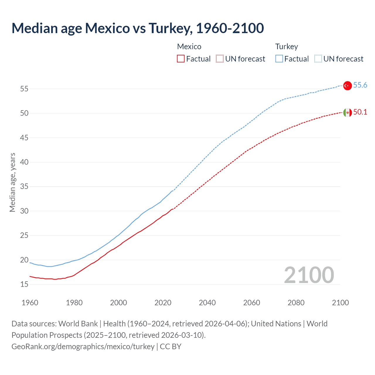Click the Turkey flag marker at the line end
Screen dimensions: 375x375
(x=347, y=86)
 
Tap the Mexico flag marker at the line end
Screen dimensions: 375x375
(x=347, y=112)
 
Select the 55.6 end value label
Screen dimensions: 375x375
(x=360, y=85)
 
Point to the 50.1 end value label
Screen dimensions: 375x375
(x=360, y=112)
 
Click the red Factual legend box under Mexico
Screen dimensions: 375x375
(x=181, y=59)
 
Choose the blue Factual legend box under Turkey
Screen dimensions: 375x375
(x=279, y=59)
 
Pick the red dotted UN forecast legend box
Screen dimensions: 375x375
(x=220, y=59)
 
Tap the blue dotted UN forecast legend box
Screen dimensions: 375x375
(x=318, y=59)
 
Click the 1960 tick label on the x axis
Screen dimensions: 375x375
(x=30, y=303)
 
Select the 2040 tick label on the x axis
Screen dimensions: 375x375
(x=207, y=303)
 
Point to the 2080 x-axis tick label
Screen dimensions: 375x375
(x=296, y=303)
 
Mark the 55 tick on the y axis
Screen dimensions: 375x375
(x=24, y=89)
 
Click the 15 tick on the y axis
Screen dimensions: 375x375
(x=24, y=284)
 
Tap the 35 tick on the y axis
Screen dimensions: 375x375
(x=24, y=187)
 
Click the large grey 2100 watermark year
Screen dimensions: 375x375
(x=309, y=275)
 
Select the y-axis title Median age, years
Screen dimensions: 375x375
(x=12, y=182)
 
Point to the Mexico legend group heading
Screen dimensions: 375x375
(x=189, y=47)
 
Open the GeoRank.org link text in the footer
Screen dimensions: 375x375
(x=83, y=347)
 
